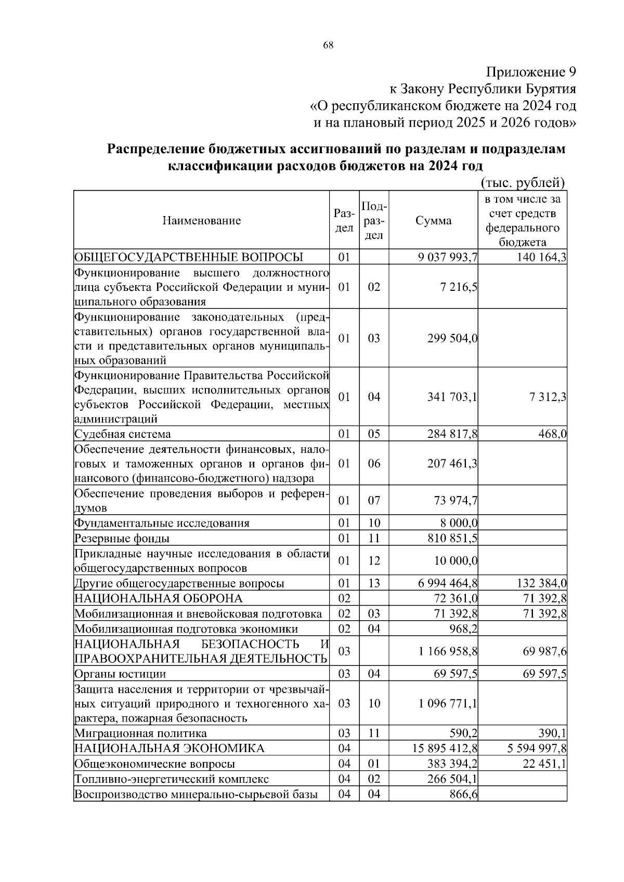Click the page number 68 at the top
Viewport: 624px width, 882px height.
point(328,45)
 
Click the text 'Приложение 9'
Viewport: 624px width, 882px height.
point(531,72)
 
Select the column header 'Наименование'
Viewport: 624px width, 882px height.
point(202,221)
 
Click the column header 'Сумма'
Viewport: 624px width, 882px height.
point(433,221)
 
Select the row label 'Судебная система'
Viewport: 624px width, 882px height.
point(123,434)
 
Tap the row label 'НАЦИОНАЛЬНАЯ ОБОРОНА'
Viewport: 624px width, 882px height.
point(158,598)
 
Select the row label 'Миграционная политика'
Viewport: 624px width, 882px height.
point(140,733)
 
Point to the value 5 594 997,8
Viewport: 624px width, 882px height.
point(537,749)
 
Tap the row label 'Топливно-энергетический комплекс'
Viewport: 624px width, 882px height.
point(172,779)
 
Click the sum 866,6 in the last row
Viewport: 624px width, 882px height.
point(464,794)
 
